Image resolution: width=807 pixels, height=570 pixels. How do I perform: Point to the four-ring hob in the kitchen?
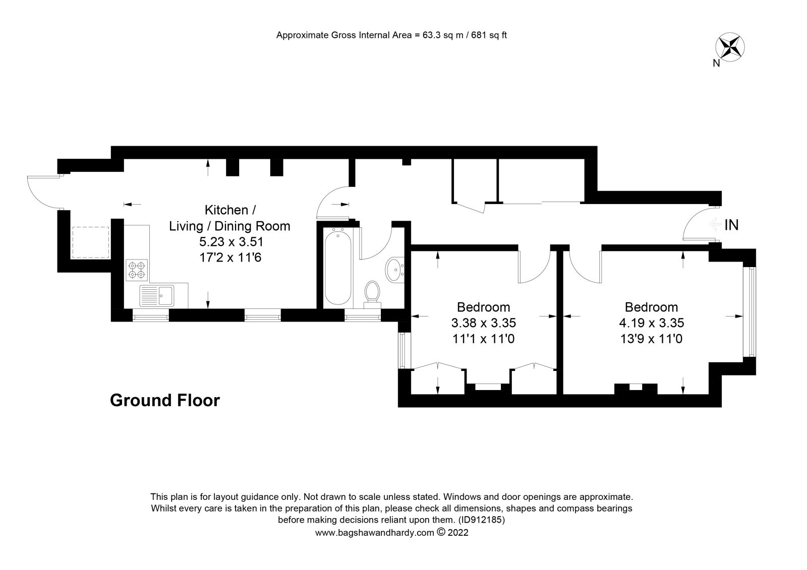pos(137,270)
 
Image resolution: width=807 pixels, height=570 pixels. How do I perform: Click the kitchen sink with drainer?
pos(157,296)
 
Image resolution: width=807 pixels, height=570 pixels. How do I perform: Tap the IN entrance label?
pos(731,225)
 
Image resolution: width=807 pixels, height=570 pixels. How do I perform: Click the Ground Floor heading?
pos(165,401)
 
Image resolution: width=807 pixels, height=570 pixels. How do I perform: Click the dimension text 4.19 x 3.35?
pos(651,323)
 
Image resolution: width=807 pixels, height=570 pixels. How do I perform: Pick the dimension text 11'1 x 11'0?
pos(483,339)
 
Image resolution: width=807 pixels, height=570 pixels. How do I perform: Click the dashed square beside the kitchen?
pos(91,242)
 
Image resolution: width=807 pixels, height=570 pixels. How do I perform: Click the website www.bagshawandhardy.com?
pos(374,533)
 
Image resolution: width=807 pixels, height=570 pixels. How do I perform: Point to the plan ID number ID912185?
pos(480,520)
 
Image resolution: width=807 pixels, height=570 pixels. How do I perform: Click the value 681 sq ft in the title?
pos(489,35)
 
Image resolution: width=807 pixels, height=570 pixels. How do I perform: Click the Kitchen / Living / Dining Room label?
pos(229,218)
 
